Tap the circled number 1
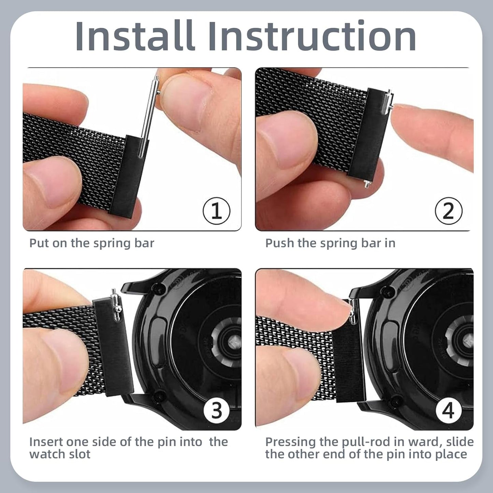[x=216, y=211]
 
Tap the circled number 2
[x=449, y=211]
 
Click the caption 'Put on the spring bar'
[x=92, y=243]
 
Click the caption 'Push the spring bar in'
[x=330, y=243]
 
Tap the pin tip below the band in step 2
[x=367, y=183]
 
